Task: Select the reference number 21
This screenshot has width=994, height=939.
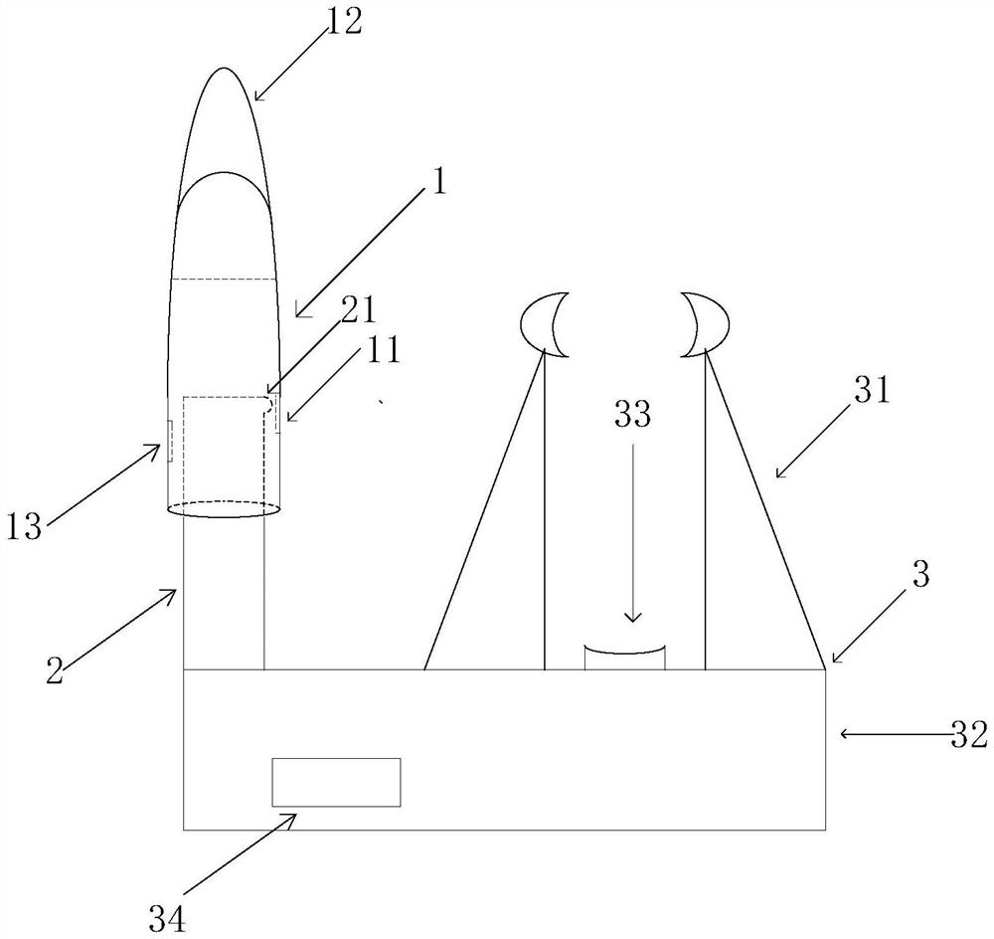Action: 358,310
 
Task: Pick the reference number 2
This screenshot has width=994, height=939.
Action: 55,669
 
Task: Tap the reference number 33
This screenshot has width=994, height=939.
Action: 631,415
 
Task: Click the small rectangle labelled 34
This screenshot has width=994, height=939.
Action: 336,782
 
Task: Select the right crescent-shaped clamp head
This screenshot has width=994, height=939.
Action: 705,324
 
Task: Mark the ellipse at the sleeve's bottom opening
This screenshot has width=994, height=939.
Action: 224,510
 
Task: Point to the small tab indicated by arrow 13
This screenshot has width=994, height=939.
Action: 169,441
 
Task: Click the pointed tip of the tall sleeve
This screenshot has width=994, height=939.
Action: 225,72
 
